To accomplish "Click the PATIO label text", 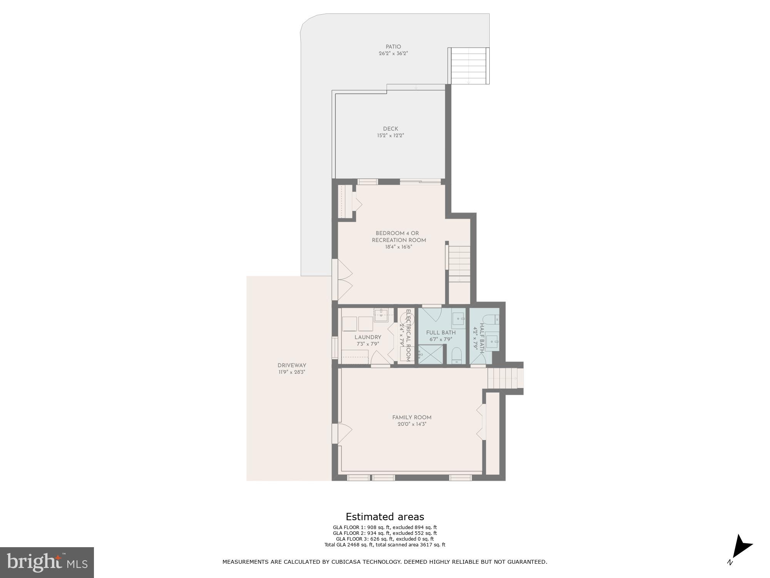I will click(393, 47).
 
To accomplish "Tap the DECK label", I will click(390, 129).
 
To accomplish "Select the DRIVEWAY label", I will click(292, 365).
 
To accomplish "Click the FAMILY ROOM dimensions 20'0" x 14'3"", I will click(412, 424).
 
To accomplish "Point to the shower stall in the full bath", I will click(430, 355).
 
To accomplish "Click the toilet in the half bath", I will click(490, 319).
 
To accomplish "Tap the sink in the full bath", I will click(458, 319).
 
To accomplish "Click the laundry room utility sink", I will click(381, 315).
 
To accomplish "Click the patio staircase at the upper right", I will click(468, 66).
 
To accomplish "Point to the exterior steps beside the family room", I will click(505, 378).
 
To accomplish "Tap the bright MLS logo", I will click(47, 562).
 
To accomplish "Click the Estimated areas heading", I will click(385, 517).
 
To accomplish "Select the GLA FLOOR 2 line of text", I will click(385, 533).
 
